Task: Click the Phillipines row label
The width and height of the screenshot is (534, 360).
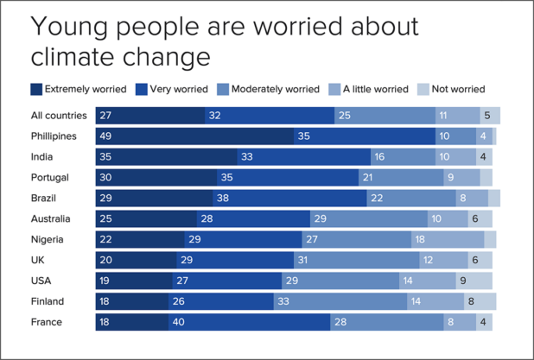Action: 53,136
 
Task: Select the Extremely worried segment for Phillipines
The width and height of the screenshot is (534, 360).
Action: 194,136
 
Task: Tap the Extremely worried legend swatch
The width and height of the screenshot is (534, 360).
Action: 36,89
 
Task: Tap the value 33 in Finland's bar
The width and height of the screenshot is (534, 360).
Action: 283,301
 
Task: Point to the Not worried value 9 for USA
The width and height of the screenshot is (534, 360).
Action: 463,281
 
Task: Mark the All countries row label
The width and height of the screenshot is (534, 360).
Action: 58,116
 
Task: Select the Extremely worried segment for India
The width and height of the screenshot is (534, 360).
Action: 166,157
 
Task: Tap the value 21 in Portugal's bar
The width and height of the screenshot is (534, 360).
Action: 368,178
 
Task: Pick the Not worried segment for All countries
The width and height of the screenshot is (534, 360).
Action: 490,116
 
